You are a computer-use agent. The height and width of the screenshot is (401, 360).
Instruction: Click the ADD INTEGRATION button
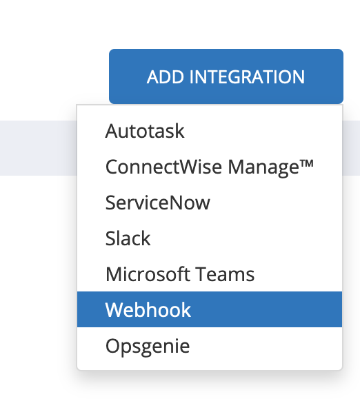(x=226, y=76)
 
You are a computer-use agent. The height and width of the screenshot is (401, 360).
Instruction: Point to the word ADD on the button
(x=166, y=76)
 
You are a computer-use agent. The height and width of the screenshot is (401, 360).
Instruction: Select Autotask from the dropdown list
(x=145, y=131)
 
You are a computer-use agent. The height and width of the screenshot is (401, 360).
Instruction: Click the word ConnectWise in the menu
(x=163, y=167)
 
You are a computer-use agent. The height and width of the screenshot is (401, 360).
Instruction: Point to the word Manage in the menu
(x=263, y=167)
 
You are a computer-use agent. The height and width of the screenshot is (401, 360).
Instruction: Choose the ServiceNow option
(x=158, y=203)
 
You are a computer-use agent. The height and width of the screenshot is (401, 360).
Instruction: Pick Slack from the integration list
(x=128, y=238)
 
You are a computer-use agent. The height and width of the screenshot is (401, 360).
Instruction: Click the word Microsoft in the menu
(x=148, y=274)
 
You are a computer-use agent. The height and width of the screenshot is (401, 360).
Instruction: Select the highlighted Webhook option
(x=210, y=309)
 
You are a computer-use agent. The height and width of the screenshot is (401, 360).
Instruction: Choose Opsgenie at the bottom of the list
(x=148, y=347)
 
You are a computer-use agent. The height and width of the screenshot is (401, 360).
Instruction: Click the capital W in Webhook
(x=114, y=310)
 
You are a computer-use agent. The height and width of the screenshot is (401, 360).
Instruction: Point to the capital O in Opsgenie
(x=112, y=346)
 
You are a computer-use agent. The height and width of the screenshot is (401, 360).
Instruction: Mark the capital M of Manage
(x=236, y=167)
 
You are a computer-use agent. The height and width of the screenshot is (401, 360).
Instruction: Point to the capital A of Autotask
(x=112, y=131)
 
